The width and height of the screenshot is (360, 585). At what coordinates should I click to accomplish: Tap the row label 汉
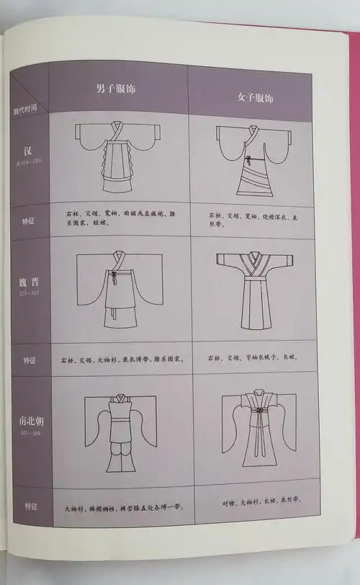[28, 152]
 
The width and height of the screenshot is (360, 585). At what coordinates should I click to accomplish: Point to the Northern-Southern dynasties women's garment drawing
[256, 429]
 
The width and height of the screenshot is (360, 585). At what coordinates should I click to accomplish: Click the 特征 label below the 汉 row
[28, 220]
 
